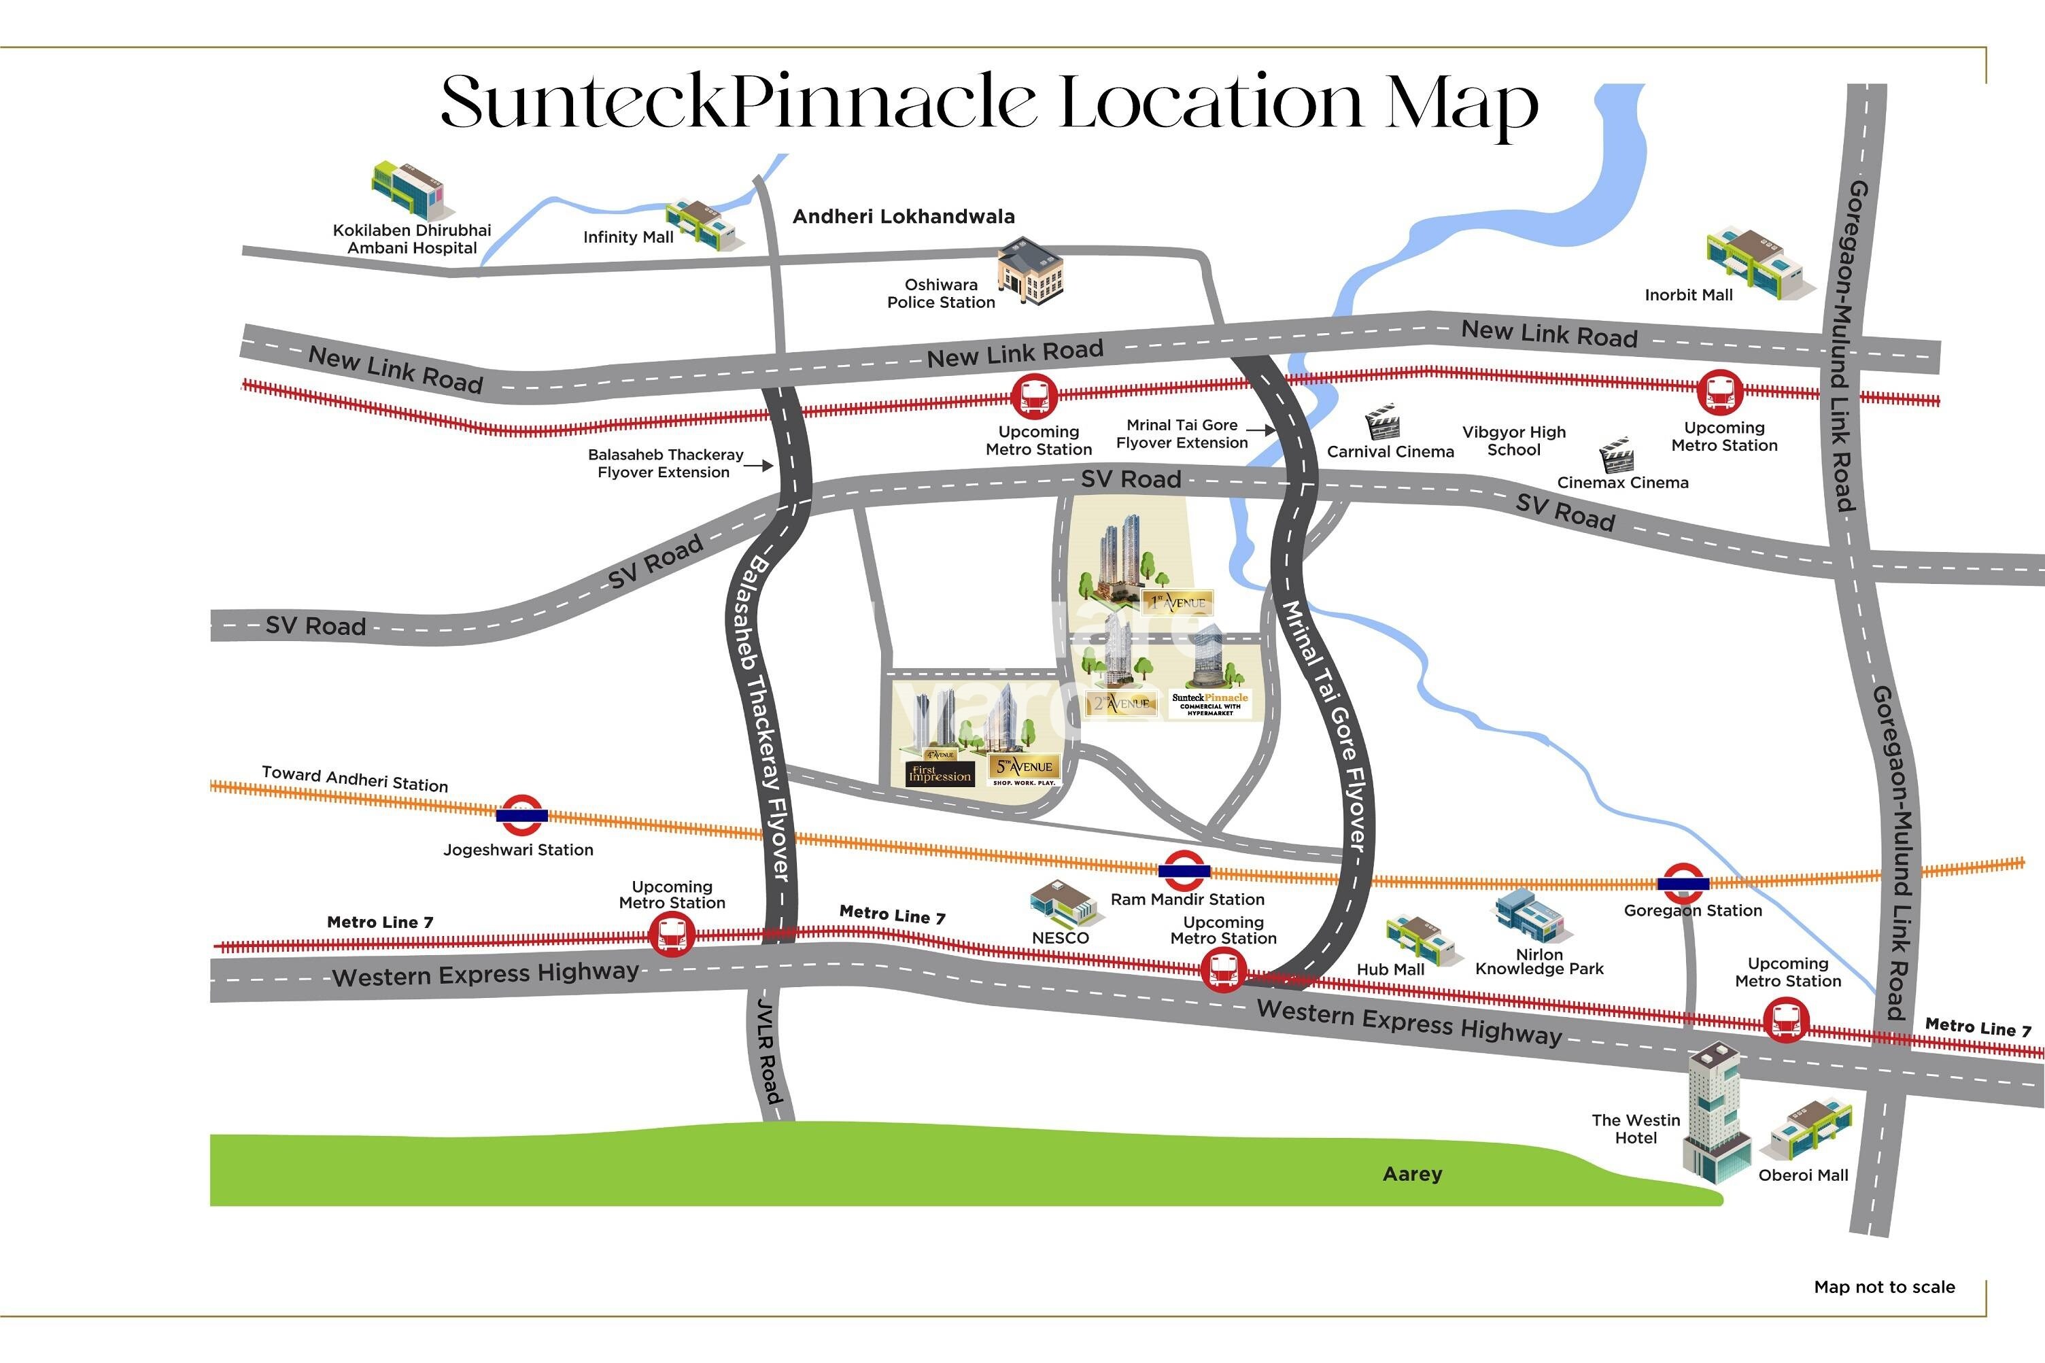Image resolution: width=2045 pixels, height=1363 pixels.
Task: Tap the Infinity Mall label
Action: click(x=628, y=237)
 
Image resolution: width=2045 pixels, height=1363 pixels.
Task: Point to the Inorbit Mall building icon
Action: click(x=1758, y=263)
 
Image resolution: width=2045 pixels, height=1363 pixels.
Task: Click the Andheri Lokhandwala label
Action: click(x=903, y=216)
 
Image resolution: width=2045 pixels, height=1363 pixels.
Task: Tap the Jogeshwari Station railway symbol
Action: click(x=521, y=815)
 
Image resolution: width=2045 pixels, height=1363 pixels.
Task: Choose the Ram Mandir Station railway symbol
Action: click(x=1184, y=871)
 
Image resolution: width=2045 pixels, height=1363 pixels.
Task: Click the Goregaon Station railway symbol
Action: click(x=1683, y=883)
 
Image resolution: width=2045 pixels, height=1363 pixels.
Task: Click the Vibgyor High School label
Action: click(x=1513, y=441)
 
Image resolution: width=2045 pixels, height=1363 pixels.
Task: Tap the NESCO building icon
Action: click(x=1062, y=905)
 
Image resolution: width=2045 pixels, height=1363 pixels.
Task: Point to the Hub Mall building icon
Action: click(x=1418, y=939)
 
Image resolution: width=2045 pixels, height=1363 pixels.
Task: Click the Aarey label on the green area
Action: click(x=1412, y=1175)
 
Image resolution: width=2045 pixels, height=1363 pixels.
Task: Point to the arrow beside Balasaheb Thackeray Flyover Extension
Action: click(x=761, y=466)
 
